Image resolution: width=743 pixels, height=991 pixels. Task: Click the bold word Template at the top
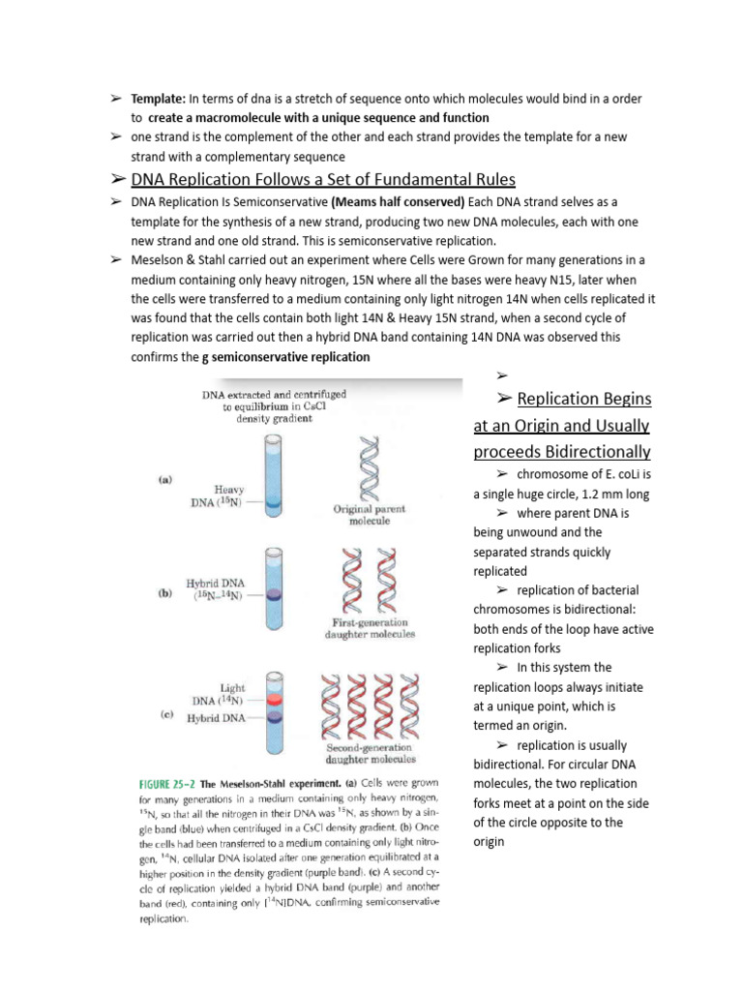tap(159, 99)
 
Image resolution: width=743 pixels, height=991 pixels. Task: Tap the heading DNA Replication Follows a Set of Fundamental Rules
tap(323, 180)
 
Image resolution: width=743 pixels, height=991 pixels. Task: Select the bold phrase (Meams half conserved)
tap(398, 201)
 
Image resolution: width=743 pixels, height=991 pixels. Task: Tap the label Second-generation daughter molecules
tap(371, 753)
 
